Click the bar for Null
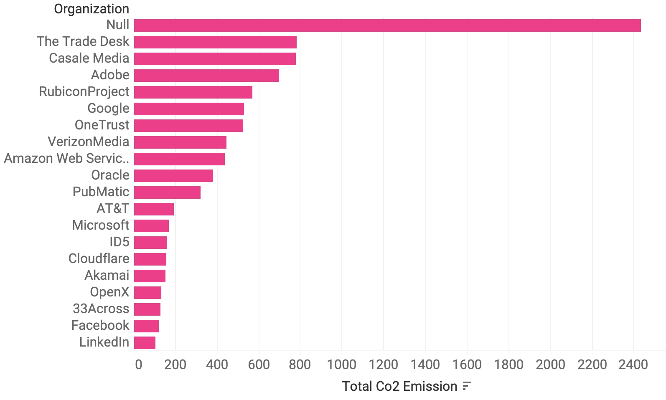click(387, 25)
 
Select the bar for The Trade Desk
click(215, 42)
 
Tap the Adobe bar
click(206, 76)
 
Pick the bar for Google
click(189, 109)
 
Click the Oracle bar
click(173, 176)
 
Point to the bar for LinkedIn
click(145, 343)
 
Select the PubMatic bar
click(167, 192)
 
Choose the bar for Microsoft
click(151, 226)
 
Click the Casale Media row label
click(89, 58)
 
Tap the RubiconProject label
click(84, 91)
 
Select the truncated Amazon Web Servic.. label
click(66, 158)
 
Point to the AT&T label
click(113, 208)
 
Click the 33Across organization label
click(101, 309)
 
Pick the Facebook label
click(100, 325)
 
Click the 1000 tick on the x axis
click(341, 365)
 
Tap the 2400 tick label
click(633, 365)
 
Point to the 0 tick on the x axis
click(138, 365)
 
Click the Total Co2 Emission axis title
click(399, 386)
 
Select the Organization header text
click(92, 9)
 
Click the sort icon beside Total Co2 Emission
click(467, 386)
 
